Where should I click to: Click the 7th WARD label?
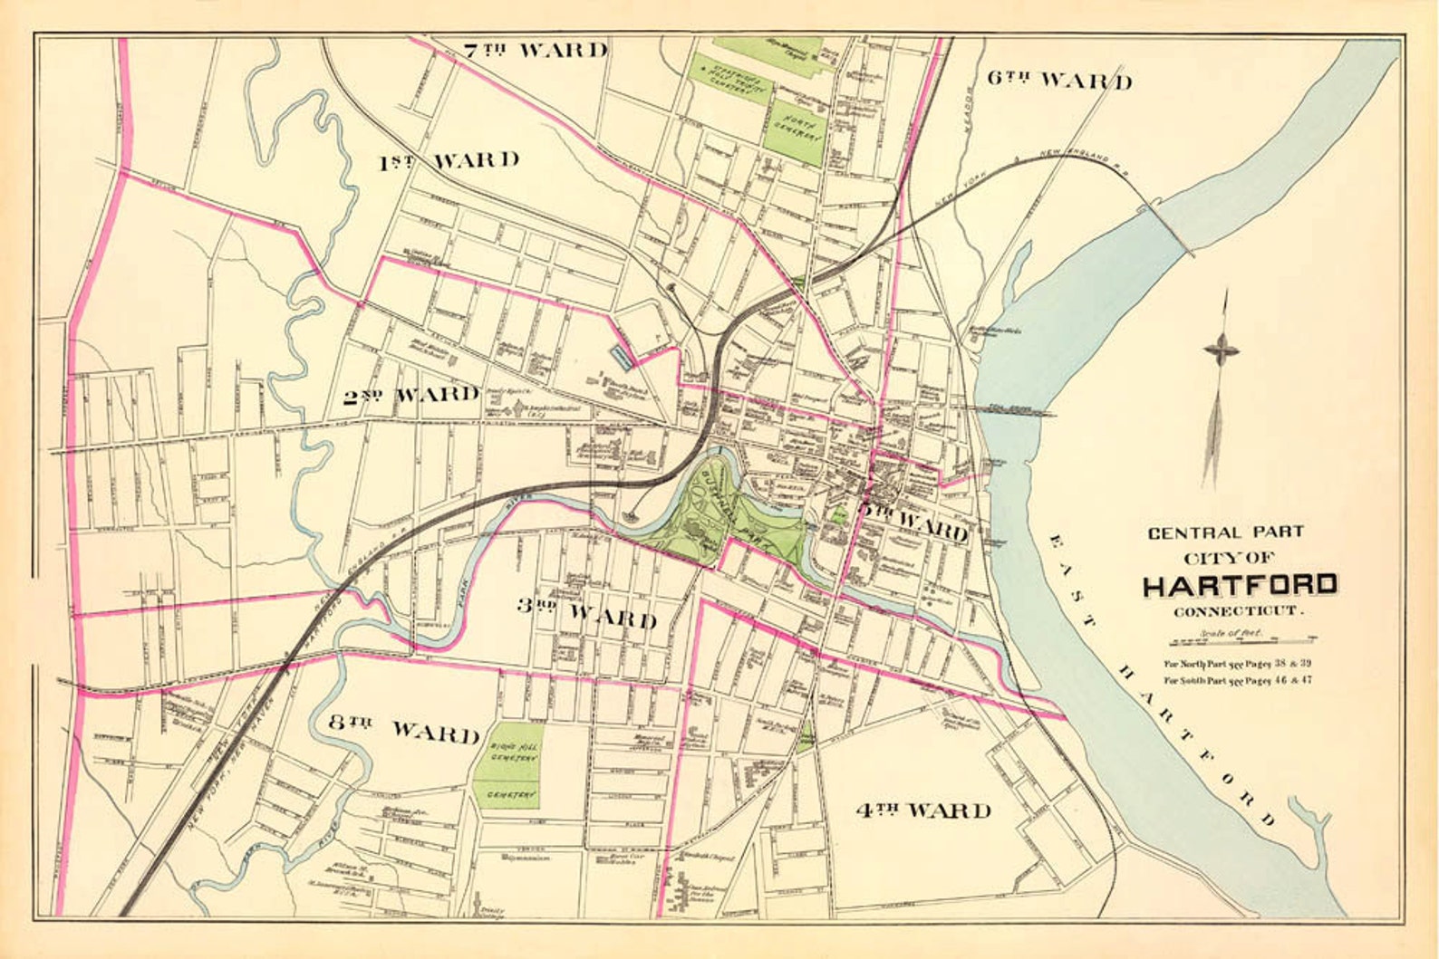tap(534, 49)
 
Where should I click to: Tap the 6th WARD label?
tap(1058, 80)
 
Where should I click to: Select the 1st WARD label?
tap(448, 161)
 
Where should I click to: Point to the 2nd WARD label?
tap(410, 395)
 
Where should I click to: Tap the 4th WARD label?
tap(922, 810)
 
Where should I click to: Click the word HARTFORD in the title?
tap(1239, 585)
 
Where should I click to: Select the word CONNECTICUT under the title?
tap(1239, 612)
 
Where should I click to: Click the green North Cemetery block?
tap(797, 131)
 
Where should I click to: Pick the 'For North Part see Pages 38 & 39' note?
tap(1238, 663)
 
